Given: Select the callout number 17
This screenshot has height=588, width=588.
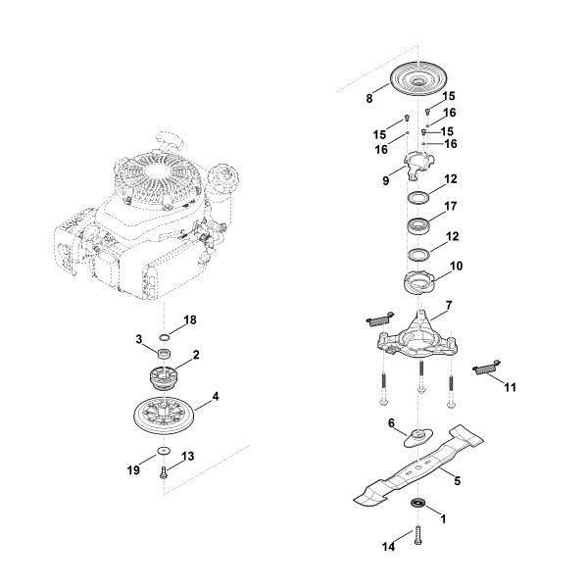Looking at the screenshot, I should (450, 207).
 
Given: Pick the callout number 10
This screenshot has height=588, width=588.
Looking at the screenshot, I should (458, 266).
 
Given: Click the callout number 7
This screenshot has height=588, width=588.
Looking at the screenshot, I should (447, 307).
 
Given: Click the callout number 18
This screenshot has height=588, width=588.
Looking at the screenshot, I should (190, 320).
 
